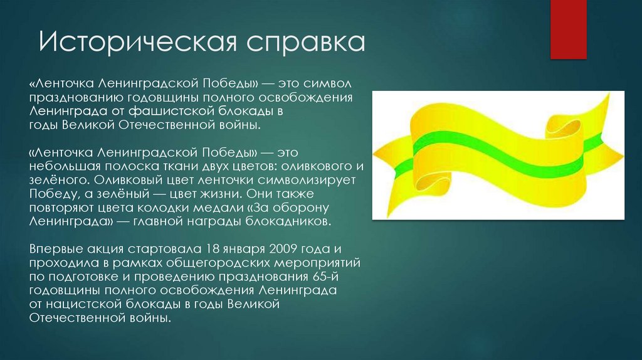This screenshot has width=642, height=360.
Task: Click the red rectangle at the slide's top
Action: coord(568,29)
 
